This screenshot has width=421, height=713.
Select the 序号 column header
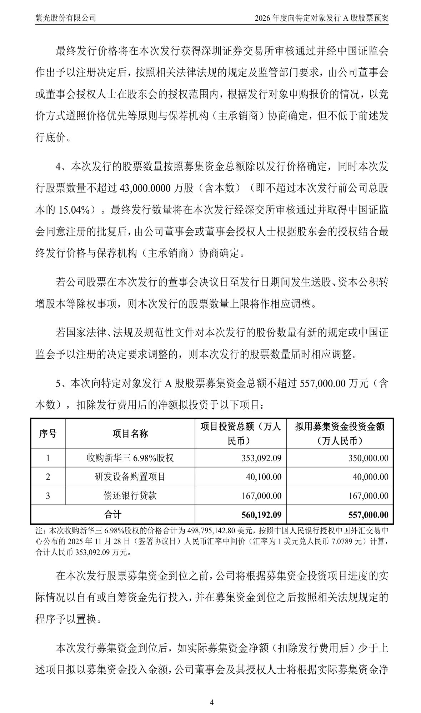48,434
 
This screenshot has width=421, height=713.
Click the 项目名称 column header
130,434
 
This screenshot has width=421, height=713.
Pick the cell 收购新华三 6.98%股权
130,458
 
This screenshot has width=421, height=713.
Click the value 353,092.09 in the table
261,458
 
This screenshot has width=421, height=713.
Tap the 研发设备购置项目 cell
130,477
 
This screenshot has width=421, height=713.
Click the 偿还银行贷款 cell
130,496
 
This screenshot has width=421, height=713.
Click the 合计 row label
112,514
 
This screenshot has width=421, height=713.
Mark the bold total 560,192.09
261,515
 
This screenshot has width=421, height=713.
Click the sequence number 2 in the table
48,477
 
